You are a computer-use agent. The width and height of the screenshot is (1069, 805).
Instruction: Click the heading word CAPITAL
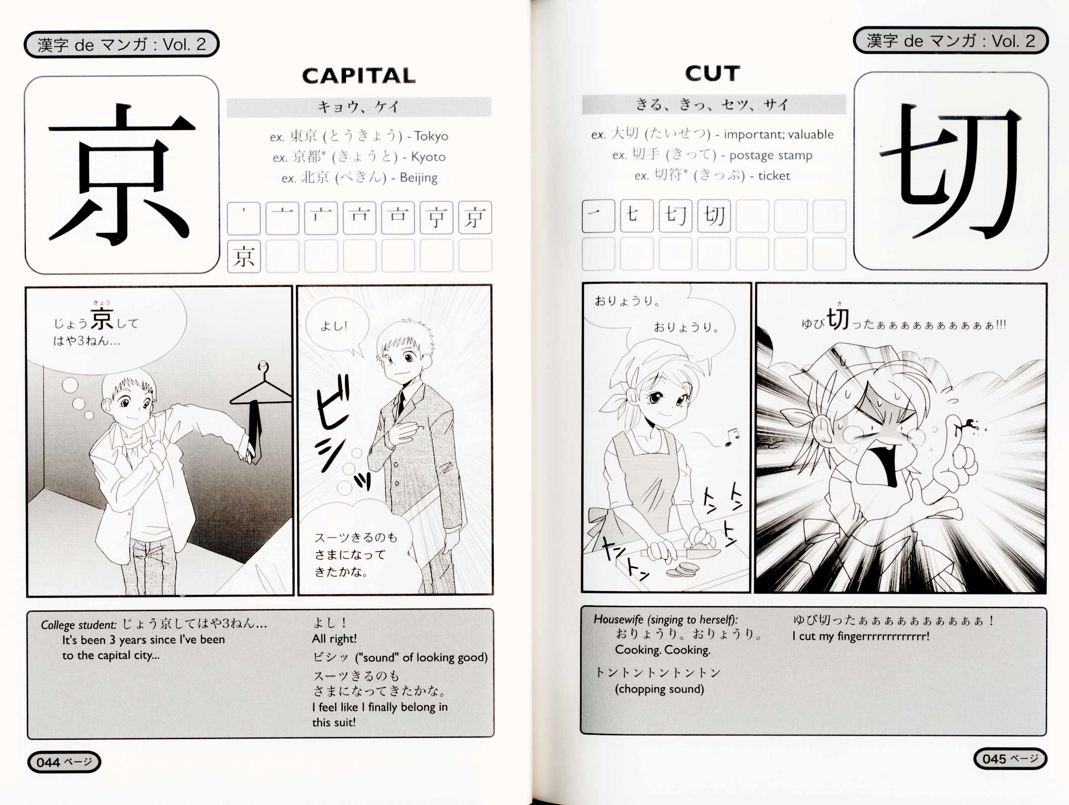359,76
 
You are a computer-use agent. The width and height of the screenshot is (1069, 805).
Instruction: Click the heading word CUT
712,73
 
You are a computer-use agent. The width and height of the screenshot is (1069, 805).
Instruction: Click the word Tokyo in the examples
431,136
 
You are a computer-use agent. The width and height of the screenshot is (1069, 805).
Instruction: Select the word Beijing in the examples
419,178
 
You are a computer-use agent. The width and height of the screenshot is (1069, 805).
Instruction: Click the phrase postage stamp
771,155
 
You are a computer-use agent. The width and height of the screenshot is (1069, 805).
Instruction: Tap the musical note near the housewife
732,436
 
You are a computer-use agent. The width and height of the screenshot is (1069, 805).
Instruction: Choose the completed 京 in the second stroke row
243,256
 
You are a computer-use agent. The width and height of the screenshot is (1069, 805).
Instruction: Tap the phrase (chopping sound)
659,689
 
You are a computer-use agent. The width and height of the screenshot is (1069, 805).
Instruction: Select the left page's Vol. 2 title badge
121,44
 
